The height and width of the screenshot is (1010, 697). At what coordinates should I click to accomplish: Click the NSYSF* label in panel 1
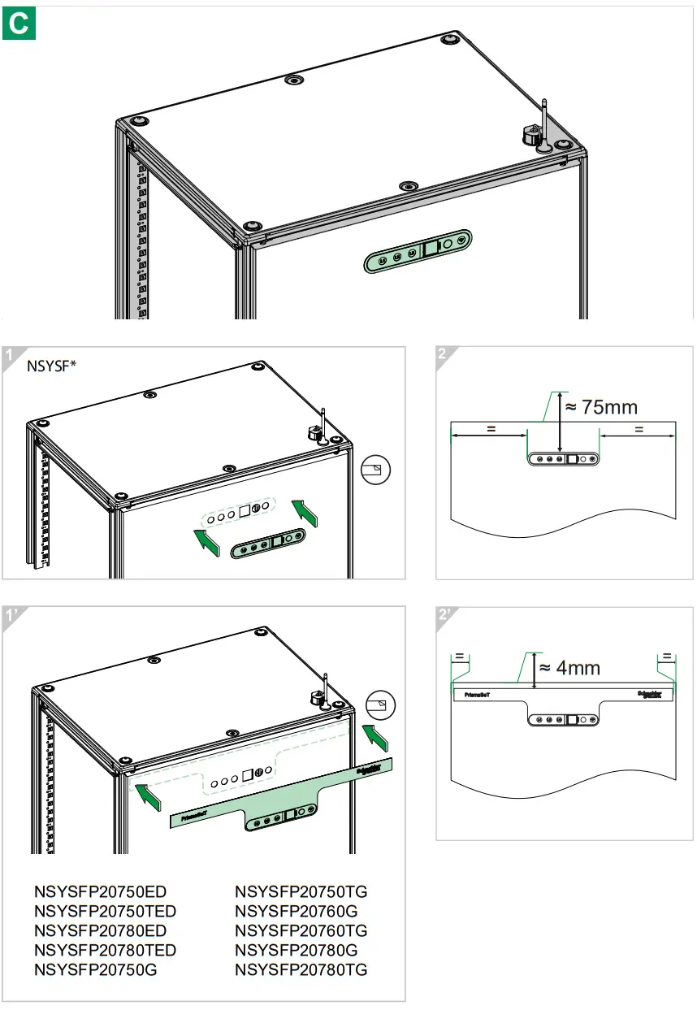pos(52,366)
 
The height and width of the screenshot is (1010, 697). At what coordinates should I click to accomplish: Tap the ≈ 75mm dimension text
pos(600,406)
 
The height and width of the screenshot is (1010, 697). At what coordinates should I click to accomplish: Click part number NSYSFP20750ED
pos(100,891)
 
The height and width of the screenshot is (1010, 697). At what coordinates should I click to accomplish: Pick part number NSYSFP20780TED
pos(106,950)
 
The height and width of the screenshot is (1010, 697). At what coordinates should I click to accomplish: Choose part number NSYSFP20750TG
pos(301,891)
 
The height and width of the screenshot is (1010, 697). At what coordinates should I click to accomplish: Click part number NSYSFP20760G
pos(296,911)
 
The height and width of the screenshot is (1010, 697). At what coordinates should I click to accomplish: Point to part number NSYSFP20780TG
pos(301,969)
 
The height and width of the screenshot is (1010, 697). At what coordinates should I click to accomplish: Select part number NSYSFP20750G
pos(96,969)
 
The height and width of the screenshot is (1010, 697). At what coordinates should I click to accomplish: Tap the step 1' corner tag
pos(11,615)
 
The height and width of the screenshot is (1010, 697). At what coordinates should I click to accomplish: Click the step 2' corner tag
pos(445,615)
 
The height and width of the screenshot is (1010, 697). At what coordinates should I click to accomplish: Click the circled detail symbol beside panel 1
pos(375,470)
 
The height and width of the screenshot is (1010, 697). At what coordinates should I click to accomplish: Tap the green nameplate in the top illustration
pos(418,252)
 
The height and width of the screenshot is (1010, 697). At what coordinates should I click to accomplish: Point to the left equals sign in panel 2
pos(491,429)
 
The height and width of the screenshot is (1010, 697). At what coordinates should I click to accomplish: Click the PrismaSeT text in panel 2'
pos(477,696)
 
